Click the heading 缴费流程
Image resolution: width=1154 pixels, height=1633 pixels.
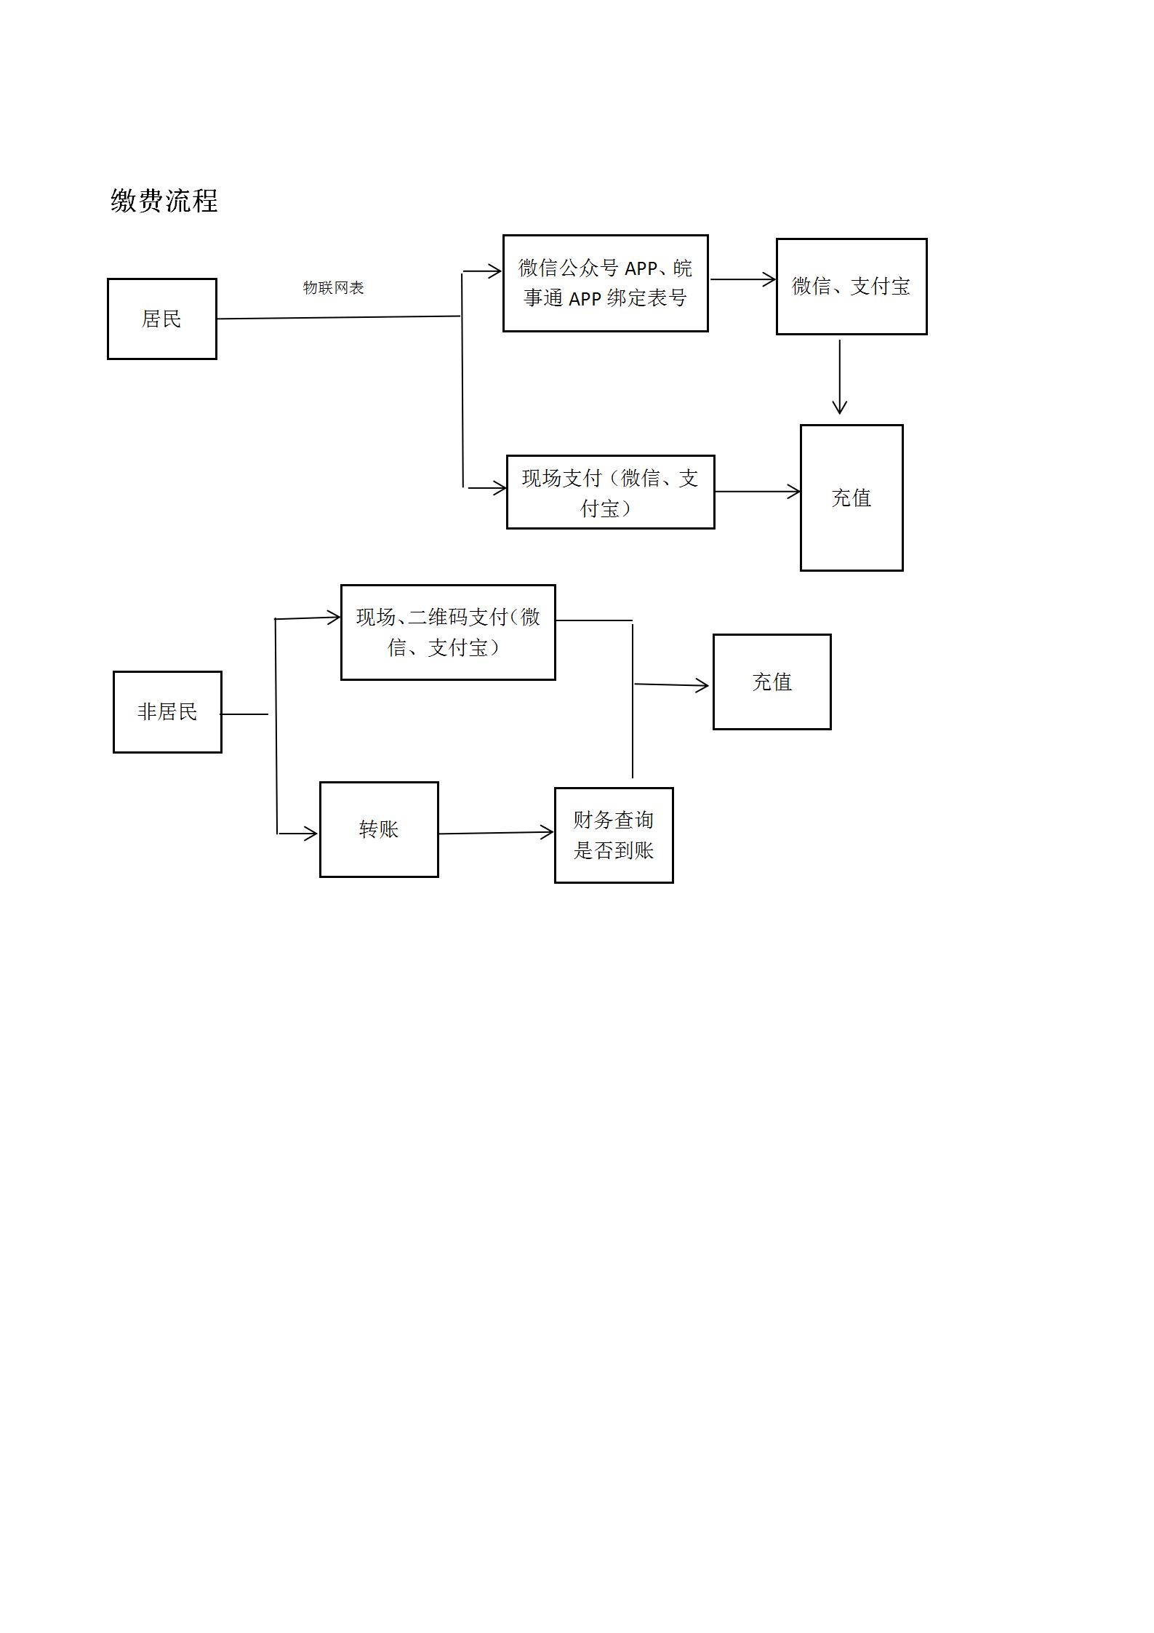[x=164, y=201]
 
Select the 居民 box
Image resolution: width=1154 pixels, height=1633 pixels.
[x=162, y=319]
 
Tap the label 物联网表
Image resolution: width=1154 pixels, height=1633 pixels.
[x=333, y=287]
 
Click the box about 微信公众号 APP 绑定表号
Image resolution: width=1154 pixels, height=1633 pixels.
[x=606, y=283]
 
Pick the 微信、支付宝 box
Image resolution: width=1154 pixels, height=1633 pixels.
[x=852, y=287]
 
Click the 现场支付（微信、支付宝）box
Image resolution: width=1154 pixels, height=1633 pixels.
[x=611, y=492]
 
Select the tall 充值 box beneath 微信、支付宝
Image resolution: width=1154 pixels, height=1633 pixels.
[x=852, y=498]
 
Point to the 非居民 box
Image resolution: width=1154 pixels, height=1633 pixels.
[x=167, y=711]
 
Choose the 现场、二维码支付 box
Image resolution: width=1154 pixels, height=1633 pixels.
[x=448, y=632]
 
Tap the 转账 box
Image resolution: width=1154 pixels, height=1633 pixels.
[x=379, y=829]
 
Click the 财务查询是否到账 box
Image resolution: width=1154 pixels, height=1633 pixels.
[x=614, y=835]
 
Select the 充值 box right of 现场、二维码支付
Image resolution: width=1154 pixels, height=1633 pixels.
[x=772, y=682]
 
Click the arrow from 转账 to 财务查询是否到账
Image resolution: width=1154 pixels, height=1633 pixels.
[x=496, y=833]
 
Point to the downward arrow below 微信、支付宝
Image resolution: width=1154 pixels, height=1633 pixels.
[x=840, y=377]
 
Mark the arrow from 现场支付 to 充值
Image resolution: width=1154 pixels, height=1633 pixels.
[x=758, y=492]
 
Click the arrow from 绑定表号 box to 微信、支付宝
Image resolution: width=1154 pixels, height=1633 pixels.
[x=743, y=279]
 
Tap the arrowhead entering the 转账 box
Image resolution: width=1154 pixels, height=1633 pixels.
[x=310, y=834]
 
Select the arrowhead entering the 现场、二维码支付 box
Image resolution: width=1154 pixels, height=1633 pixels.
[x=332, y=618]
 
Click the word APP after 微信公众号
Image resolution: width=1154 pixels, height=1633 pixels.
[x=641, y=268]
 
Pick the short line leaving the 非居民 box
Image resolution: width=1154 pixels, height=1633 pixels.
[x=245, y=714]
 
